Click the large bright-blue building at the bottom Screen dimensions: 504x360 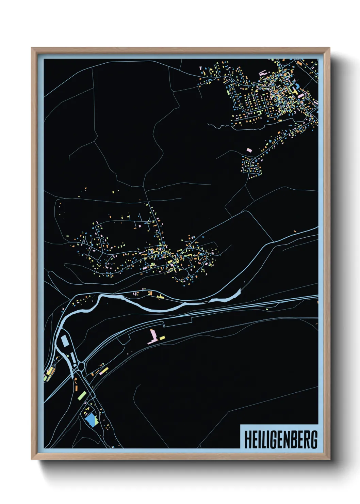tap(91, 419)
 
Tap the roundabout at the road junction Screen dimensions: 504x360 tap(81, 366)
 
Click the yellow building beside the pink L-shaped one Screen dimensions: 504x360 tap(162, 337)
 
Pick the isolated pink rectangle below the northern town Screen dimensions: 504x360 tap(249, 150)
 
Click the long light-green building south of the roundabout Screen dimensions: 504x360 tap(82, 395)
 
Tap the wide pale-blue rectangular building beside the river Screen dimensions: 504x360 tap(64, 340)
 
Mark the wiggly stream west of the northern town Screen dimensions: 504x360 tap(221, 126)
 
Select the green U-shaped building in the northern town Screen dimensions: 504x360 tap(259, 112)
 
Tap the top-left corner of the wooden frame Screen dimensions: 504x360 tap(32, 48)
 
